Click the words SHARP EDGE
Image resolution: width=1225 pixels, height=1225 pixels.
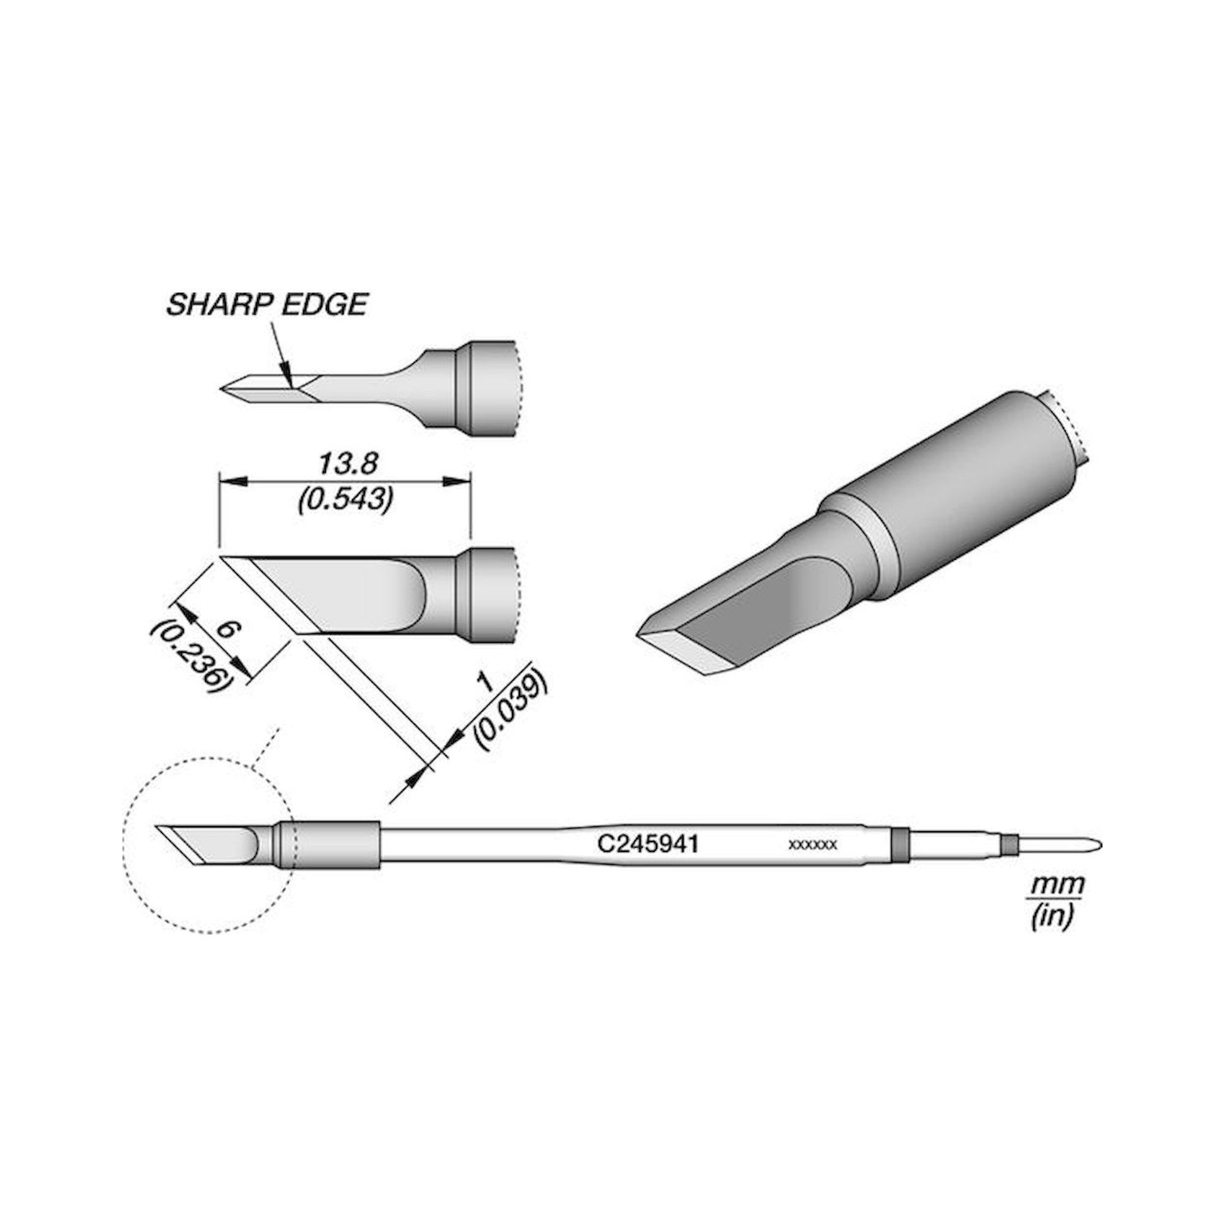coord(267,305)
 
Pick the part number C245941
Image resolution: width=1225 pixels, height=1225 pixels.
coord(647,845)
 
